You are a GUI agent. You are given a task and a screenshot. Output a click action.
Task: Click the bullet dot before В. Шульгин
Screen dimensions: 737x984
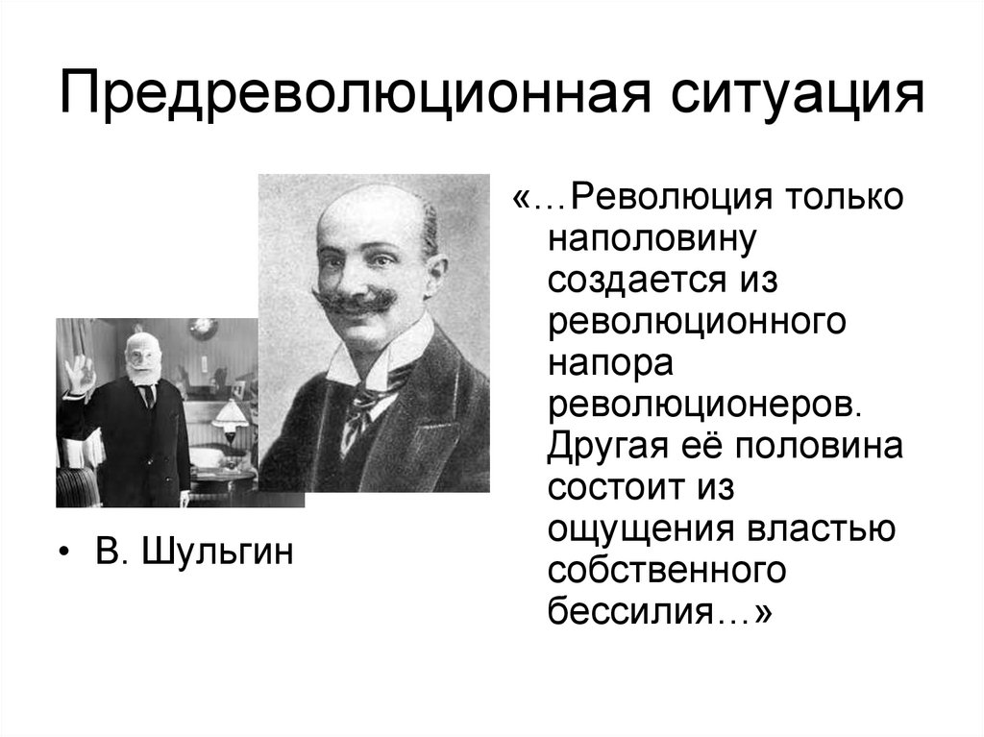63,554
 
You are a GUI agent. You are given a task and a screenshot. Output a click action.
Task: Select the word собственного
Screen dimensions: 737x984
667,572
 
